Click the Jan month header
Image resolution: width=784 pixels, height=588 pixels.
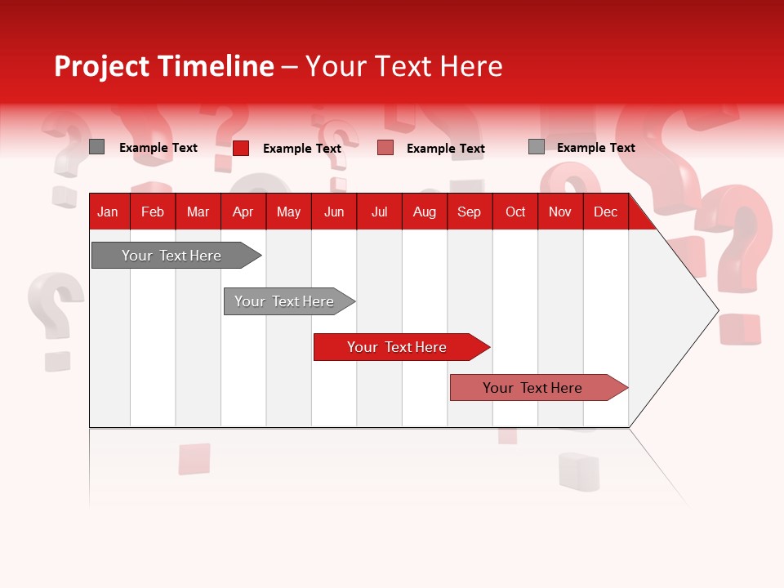108,212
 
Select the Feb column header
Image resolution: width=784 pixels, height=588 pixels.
153,212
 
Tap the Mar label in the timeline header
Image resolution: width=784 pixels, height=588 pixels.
198,212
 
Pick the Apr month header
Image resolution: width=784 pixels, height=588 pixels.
243,212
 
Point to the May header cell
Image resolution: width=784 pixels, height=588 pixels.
288,212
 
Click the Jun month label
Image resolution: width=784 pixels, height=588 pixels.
334,212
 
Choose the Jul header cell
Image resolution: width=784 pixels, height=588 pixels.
380,212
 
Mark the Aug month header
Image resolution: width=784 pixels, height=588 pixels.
425,212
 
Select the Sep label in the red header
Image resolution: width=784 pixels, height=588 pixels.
470,212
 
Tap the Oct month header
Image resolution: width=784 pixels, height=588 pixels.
515,212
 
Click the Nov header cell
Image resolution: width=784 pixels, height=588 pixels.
560,212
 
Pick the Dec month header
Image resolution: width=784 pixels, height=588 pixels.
606,212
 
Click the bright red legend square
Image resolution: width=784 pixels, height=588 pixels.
241,148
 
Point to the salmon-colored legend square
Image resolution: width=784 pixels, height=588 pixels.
385,148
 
